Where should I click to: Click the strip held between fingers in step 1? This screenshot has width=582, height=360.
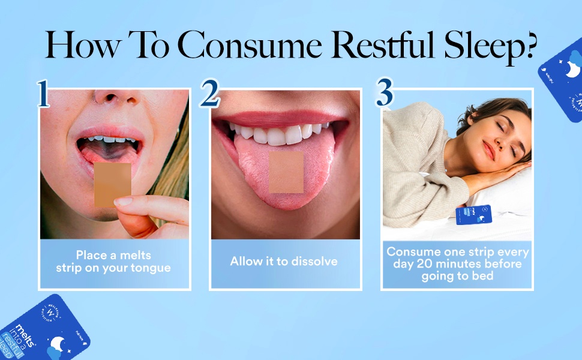pyautogui.click(x=112, y=184)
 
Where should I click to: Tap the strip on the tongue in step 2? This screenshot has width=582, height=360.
pyautogui.click(x=286, y=172)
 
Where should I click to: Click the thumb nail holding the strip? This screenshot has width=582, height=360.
pyautogui.click(x=124, y=202)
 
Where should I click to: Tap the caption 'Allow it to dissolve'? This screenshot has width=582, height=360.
pyautogui.click(x=284, y=262)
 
